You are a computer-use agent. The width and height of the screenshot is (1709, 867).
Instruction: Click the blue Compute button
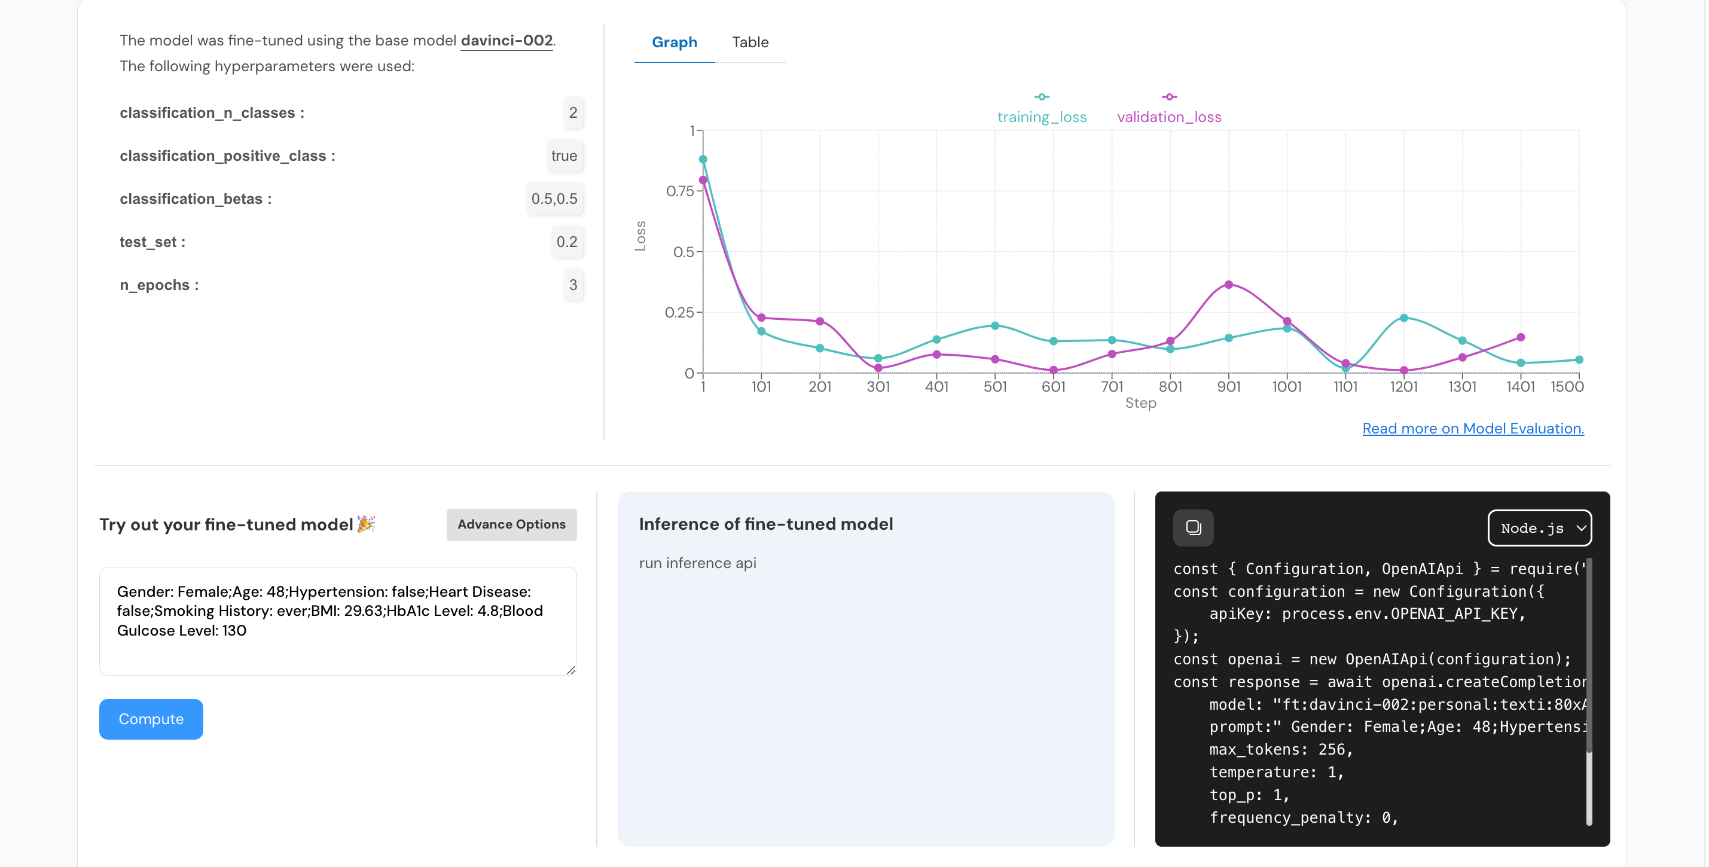tap(151, 719)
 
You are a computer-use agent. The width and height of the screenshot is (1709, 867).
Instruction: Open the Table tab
tap(750, 42)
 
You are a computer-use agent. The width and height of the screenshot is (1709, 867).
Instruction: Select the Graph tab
tap(674, 42)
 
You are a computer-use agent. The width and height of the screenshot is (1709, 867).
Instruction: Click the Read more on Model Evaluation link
tap(1472, 429)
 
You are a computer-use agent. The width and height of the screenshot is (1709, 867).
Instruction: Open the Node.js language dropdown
tap(1539, 528)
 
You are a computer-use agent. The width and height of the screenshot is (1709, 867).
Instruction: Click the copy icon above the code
tap(1193, 528)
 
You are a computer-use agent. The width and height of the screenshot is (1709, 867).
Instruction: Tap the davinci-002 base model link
tap(506, 41)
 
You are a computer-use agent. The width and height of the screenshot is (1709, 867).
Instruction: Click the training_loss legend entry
tap(1041, 116)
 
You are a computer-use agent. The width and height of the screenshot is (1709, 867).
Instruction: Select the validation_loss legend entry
tap(1168, 116)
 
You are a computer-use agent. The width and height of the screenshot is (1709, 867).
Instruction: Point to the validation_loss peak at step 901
tap(1228, 285)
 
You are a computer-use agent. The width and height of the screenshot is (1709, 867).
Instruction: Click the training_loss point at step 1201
tap(1403, 318)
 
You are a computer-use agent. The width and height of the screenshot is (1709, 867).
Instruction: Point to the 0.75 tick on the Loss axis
tap(680, 191)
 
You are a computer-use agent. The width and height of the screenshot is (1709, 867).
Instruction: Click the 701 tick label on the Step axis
tap(1111, 387)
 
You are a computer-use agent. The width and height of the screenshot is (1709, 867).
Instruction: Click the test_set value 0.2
tap(566, 242)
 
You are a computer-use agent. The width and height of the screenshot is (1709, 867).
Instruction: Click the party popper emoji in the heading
tap(366, 524)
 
